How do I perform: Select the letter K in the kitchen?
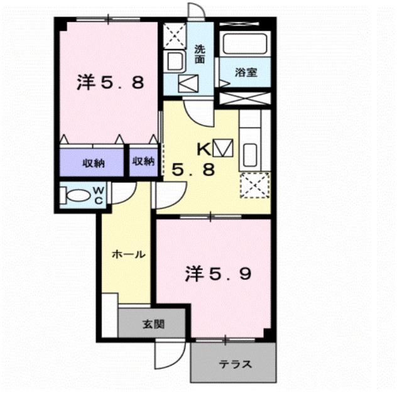click(203, 149)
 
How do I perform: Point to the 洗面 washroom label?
click(200, 54)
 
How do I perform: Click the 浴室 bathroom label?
click(244, 72)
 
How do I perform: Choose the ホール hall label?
click(129, 254)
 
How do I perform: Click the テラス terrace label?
click(235, 364)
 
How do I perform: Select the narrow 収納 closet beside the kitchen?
click(143, 161)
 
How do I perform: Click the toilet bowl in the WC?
click(75, 196)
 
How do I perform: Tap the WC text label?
click(99, 195)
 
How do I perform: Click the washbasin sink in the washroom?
click(174, 62)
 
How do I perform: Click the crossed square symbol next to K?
click(222, 148)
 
